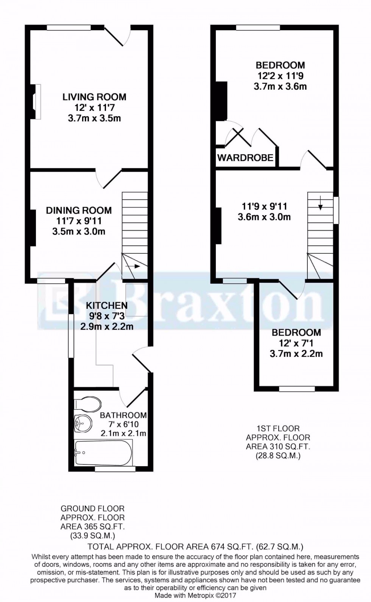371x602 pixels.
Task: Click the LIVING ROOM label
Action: coord(94,97)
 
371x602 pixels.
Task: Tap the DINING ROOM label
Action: coord(79,210)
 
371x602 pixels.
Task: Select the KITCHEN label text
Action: coord(107,305)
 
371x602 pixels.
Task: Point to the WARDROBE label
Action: coord(245,157)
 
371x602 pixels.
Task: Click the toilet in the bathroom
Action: coord(87,404)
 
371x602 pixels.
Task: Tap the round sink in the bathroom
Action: coord(83,424)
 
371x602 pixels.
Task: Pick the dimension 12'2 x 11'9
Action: coord(281,76)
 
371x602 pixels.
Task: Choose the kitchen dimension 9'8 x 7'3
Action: coord(107,316)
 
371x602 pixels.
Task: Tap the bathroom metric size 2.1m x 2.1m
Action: coord(123,433)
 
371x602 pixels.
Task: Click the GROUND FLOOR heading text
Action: coord(93,509)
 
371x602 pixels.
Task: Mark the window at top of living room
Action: coord(69,27)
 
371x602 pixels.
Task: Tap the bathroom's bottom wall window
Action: coord(115,469)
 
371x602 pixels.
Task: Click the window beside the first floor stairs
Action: coord(336,210)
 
